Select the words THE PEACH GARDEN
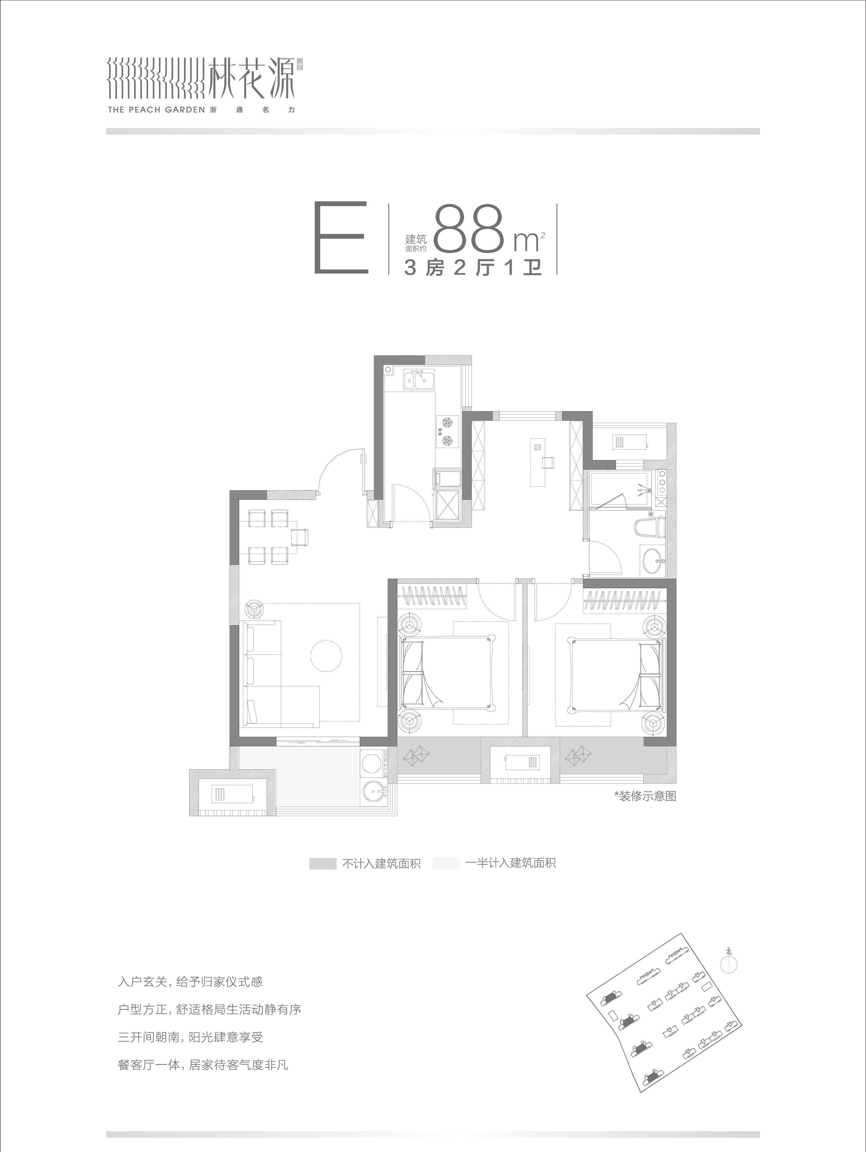(156, 110)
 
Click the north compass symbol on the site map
(729, 963)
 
